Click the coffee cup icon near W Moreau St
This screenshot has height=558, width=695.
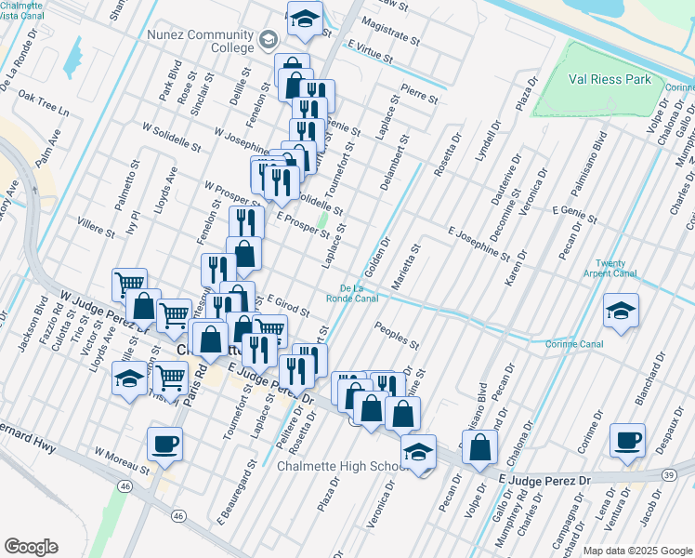[164, 444]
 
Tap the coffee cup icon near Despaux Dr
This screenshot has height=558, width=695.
[627, 439]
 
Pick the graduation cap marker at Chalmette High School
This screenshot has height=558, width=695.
[419, 451]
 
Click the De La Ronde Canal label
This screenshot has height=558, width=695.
[352, 293]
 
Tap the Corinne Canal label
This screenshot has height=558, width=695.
[580, 344]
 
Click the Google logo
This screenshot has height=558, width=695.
[31, 546]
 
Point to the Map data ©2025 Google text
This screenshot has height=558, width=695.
[636, 551]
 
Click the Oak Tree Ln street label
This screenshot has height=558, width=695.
[44, 101]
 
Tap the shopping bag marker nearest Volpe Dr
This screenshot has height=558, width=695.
[479, 446]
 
